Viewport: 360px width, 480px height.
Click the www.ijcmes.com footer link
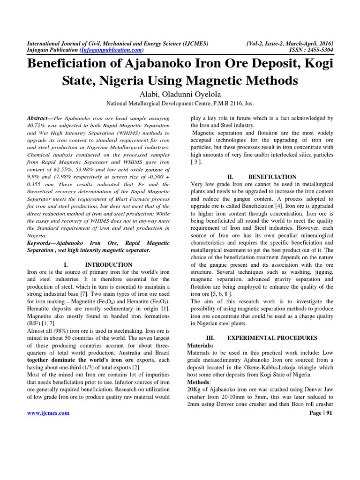[48, 412]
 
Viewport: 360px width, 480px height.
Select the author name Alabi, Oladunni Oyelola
[180, 94]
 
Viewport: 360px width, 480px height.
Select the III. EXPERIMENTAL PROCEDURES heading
[261, 337]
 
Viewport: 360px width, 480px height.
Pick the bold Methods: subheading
[199, 382]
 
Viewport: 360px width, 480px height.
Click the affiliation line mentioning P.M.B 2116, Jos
[180, 104]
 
